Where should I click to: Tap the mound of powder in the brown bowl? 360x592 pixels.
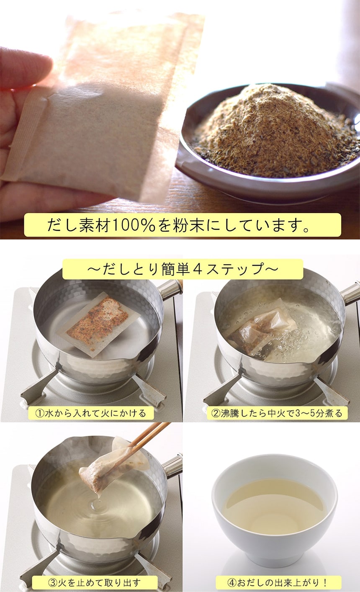[x=275, y=129]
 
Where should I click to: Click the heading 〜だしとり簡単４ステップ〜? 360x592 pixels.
[x=183, y=269]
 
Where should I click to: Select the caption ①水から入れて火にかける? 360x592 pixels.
[x=91, y=413]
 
